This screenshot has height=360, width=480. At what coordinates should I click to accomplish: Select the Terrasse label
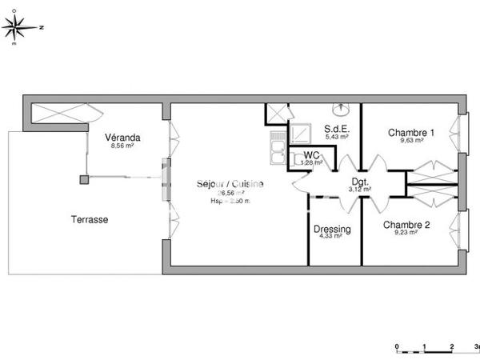click(89, 219)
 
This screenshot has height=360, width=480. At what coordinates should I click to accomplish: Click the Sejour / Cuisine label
click(230, 184)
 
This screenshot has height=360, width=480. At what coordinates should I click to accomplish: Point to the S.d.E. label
click(336, 128)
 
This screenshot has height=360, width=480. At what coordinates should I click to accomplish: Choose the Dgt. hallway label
click(359, 182)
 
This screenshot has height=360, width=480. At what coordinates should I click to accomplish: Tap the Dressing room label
click(331, 228)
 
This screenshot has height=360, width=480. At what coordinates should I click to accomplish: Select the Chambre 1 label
click(411, 132)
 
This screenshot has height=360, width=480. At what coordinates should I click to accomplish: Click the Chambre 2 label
click(406, 225)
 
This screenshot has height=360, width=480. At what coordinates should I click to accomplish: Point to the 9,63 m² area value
click(410, 141)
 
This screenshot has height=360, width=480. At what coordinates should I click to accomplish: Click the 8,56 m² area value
click(122, 146)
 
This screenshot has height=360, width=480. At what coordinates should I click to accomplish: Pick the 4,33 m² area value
click(330, 236)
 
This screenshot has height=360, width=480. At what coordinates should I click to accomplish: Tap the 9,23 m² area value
click(406, 234)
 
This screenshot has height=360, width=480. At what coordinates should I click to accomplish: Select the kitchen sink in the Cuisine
click(276, 150)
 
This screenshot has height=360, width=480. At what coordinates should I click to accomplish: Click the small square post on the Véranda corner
click(83, 179)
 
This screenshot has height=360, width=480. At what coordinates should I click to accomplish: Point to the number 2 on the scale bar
click(452, 346)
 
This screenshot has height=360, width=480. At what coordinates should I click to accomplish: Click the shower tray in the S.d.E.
click(302, 133)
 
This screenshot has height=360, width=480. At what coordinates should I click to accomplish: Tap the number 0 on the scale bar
click(398, 346)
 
